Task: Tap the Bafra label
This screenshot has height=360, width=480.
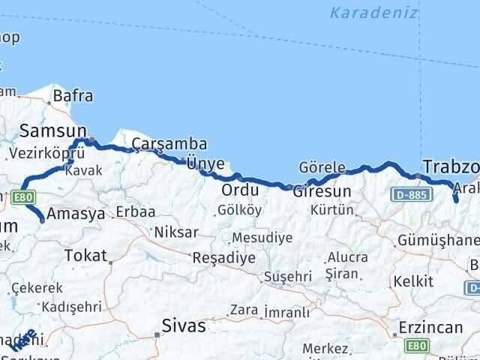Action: [x=73, y=96]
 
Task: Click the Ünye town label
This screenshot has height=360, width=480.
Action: [x=205, y=163]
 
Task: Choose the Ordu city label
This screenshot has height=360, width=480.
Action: [x=240, y=190]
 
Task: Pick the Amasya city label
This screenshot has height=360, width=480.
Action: [x=76, y=214]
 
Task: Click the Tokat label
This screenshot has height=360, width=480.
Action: [x=86, y=255]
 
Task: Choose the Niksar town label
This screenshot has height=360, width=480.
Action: [x=175, y=232]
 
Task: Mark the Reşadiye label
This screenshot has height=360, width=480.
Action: [x=225, y=257]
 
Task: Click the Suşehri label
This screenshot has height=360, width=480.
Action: [x=288, y=277]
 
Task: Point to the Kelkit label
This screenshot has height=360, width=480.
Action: [x=417, y=281]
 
